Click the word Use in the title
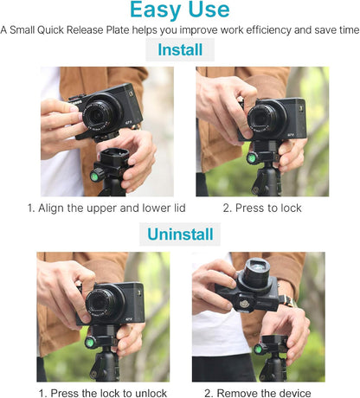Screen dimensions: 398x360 tap(209, 11)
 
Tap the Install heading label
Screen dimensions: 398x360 tap(179, 51)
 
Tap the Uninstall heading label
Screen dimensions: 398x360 tap(179, 234)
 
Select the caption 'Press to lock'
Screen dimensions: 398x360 tap(268, 209)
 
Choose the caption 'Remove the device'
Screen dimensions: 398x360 tap(263, 392)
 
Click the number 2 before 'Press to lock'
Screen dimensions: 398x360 tap(227, 209)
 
